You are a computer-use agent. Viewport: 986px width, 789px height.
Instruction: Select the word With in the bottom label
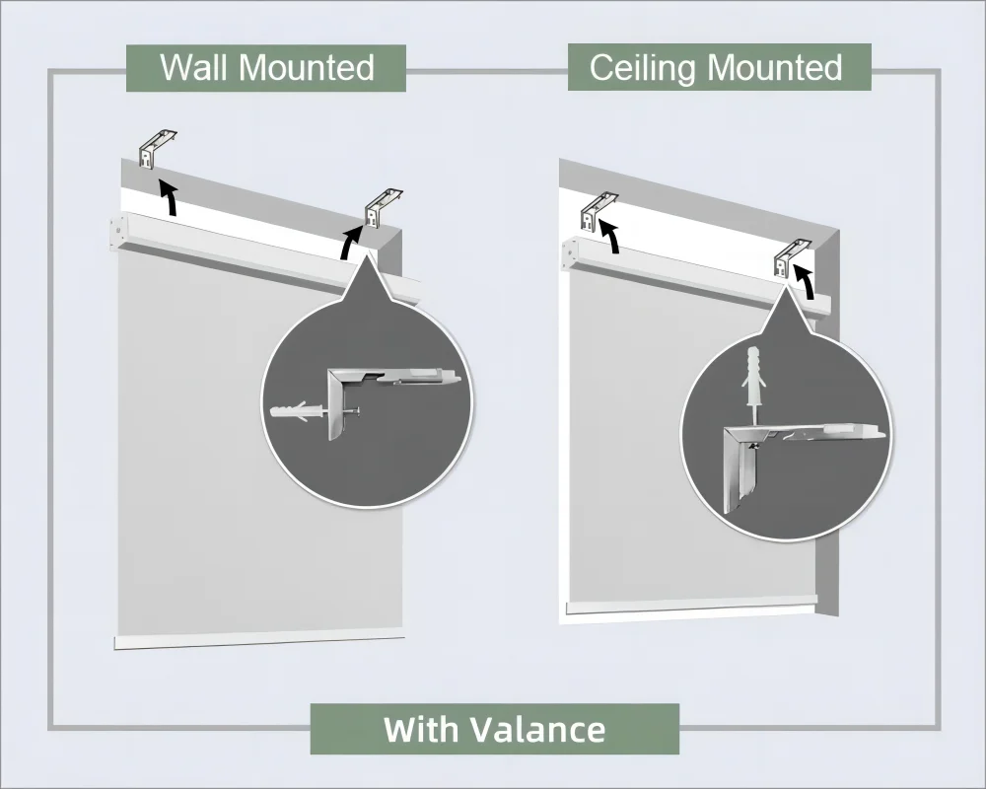click(x=421, y=730)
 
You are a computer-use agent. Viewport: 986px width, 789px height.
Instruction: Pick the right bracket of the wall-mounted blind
click(x=384, y=204)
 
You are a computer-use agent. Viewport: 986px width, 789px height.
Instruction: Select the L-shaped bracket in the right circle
click(x=738, y=464)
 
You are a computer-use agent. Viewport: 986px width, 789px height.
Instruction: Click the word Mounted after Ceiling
click(x=775, y=68)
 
